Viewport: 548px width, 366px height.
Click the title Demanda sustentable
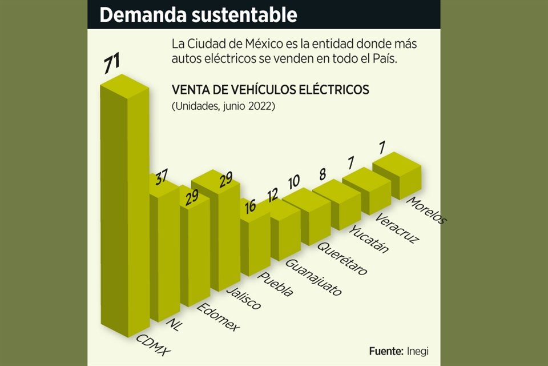coord(198,15)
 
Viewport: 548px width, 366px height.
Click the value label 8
coord(323,173)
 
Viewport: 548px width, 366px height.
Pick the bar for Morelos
coord(398,172)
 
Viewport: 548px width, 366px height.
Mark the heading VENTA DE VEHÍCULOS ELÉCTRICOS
coord(270,90)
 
